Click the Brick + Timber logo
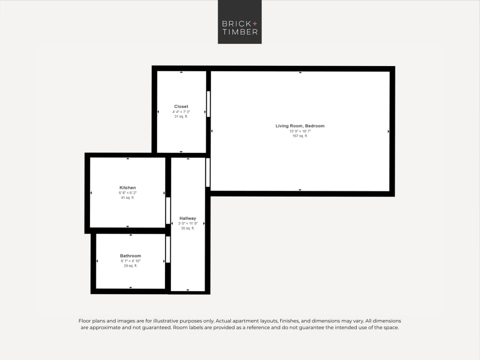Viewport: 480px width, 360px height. pyautogui.click(x=239, y=22)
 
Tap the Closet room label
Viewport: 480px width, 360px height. pyautogui.click(x=181, y=107)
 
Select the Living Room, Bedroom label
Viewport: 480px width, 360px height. pyautogui.click(x=300, y=126)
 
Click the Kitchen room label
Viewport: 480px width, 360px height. pyautogui.click(x=128, y=188)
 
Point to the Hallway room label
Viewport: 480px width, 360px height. pyautogui.click(x=188, y=218)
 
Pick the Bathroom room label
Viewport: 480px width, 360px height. pyautogui.click(x=130, y=256)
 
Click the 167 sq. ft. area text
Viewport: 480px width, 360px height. pyautogui.click(x=300, y=136)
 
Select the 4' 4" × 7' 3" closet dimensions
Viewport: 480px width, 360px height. pyautogui.click(x=181, y=112)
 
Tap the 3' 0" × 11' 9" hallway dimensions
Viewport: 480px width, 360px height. pyautogui.click(x=188, y=223)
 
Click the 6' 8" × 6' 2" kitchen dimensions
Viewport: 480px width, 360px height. pyautogui.click(x=128, y=193)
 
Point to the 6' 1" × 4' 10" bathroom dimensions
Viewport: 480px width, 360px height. pyautogui.click(x=130, y=261)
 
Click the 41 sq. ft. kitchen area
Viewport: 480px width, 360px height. pyautogui.click(x=128, y=198)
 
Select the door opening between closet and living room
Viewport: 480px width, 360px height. pyautogui.click(x=208, y=104)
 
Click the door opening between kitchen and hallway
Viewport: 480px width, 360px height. pyautogui.click(x=168, y=211)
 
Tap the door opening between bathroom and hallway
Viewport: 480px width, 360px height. pyautogui.click(x=168, y=250)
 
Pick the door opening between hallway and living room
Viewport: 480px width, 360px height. pyautogui.click(x=208, y=172)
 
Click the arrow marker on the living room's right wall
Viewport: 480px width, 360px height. pyautogui.click(x=388, y=131)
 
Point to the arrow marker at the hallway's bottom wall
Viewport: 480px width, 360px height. pyautogui.click(x=188, y=290)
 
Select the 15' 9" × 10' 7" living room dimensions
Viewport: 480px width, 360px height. pyautogui.click(x=300, y=131)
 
